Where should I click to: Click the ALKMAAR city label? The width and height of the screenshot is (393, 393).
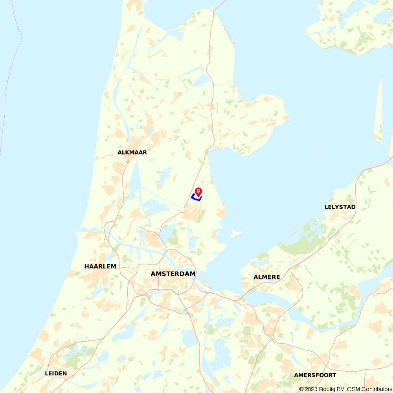click(x=132, y=152)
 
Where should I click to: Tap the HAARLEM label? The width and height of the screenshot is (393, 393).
click(x=100, y=266)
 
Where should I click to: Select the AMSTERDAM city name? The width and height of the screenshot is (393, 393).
click(x=173, y=274)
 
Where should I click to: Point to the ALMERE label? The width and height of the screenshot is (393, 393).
click(x=267, y=277)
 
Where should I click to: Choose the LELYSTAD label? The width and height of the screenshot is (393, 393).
click(x=340, y=207)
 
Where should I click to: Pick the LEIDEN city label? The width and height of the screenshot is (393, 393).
click(x=56, y=373)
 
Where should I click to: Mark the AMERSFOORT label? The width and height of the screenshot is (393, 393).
click(x=315, y=375)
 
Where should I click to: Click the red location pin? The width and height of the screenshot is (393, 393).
click(x=199, y=192)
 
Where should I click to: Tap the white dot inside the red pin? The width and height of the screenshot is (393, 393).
click(x=199, y=191)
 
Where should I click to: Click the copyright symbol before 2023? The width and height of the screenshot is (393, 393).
click(x=301, y=389)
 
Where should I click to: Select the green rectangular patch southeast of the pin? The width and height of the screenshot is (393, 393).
click(x=201, y=216)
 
